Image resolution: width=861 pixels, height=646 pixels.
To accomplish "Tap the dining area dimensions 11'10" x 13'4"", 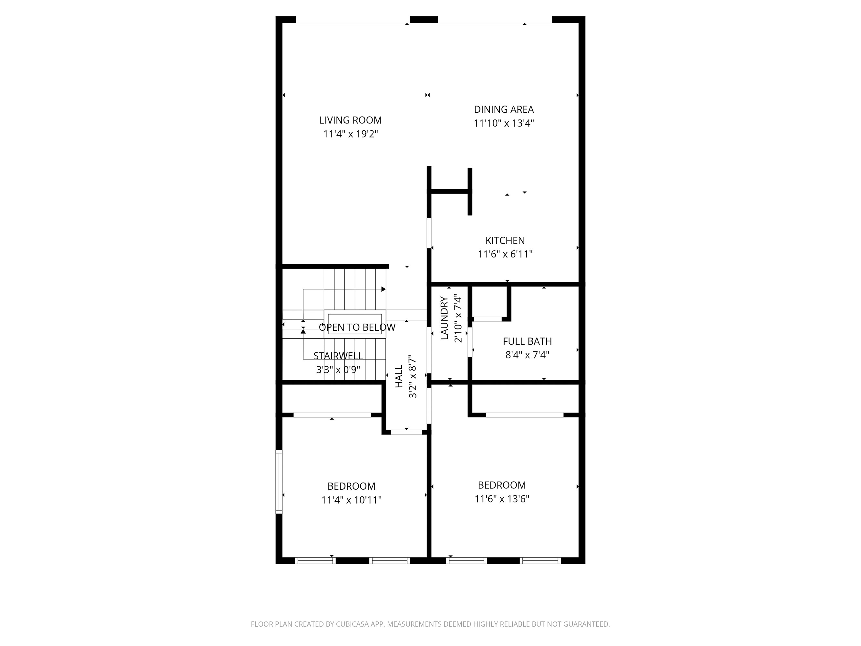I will point(504,123).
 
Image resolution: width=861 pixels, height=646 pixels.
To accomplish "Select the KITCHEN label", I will point(505,241).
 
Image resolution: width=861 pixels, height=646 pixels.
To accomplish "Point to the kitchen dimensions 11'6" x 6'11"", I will point(505,254).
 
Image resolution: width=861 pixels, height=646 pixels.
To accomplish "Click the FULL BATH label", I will point(527,341).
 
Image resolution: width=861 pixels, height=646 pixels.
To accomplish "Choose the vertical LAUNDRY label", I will point(445,318).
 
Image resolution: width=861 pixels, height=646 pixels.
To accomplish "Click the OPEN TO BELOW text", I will point(357,328).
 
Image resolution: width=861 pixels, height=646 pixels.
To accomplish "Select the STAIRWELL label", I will point(338,356).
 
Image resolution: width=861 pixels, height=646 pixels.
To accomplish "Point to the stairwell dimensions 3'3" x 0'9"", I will point(338,370).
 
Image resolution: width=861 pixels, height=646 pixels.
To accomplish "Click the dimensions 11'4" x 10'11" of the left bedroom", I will point(351,500).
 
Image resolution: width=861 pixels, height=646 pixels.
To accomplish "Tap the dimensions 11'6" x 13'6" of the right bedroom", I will point(502,499).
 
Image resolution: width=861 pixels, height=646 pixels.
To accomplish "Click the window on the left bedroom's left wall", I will point(279,481).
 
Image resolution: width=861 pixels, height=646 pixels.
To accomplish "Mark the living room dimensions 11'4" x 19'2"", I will point(350,134).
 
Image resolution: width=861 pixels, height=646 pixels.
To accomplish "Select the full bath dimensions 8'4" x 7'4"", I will point(527,355).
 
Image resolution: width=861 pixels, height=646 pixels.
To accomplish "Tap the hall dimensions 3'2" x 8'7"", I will point(413,376).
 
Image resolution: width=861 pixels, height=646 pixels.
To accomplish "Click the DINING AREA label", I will point(504,109).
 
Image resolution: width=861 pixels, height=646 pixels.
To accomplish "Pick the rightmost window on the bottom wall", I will point(540,561).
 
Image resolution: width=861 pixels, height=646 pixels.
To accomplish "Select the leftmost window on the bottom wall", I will point(315,561).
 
